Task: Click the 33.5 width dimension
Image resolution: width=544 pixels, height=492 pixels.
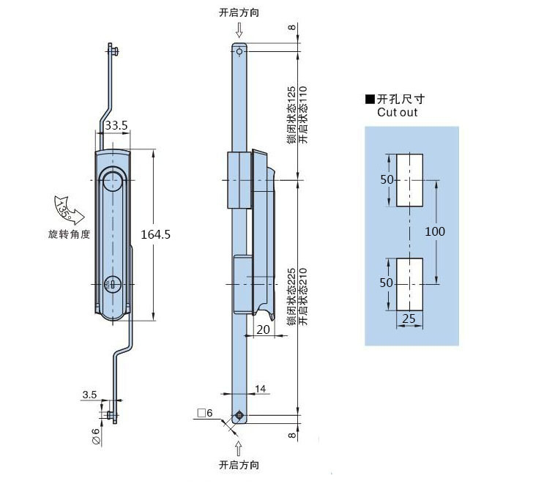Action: (116, 125)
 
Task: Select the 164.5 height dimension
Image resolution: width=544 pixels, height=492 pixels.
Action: (155, 235)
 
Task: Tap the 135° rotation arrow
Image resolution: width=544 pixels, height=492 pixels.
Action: (69, 209)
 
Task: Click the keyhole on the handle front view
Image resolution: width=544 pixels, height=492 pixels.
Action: (112, 285)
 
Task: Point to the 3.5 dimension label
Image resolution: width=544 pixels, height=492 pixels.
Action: (89, 395)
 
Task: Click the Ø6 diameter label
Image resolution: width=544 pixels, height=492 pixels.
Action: (96, 436)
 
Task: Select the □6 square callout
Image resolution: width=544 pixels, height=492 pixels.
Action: (205, 413)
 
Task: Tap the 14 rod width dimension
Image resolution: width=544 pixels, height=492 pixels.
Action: (260, 389)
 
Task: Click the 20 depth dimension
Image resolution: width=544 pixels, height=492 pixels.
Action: (263, 329)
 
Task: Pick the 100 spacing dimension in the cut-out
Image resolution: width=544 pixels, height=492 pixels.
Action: (435, 231)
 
